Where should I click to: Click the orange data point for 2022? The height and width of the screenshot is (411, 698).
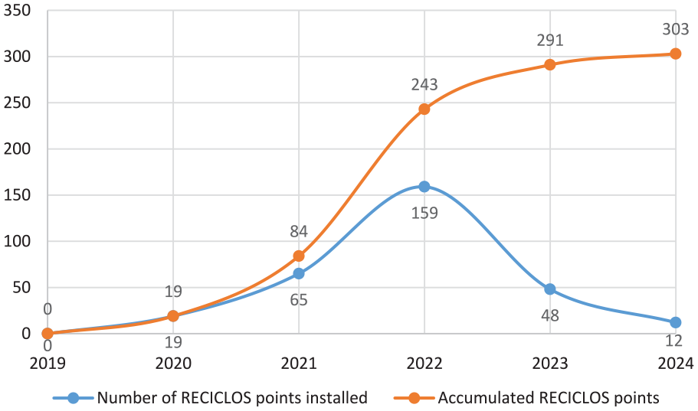(424, 109)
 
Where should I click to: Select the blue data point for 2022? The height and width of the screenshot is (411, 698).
(424, 187)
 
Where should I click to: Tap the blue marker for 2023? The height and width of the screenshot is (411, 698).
(550, 289)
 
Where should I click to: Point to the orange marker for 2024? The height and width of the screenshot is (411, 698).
(675, 54)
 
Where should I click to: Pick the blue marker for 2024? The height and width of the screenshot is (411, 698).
(675, 322)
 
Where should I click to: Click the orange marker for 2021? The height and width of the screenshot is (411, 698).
(299, 256)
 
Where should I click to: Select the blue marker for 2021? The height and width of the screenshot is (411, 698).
(299, 273)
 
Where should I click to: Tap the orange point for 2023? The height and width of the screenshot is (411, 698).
(550, 65)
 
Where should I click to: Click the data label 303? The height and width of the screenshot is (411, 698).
(675, 29)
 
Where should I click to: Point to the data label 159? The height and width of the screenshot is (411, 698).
(424, 213)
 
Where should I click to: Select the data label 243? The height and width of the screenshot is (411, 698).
(424, 84)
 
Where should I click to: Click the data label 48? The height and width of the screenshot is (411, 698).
(550, 316)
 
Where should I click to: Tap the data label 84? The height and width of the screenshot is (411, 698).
(299, 231)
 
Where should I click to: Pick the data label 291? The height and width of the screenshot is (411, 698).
(550, 41)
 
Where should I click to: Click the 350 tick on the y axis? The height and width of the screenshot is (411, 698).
(17, 10)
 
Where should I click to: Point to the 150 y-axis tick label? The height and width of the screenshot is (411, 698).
(17, 195)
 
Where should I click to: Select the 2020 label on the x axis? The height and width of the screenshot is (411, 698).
(173, 364)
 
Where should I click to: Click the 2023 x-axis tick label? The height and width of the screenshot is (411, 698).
(550, 364)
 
